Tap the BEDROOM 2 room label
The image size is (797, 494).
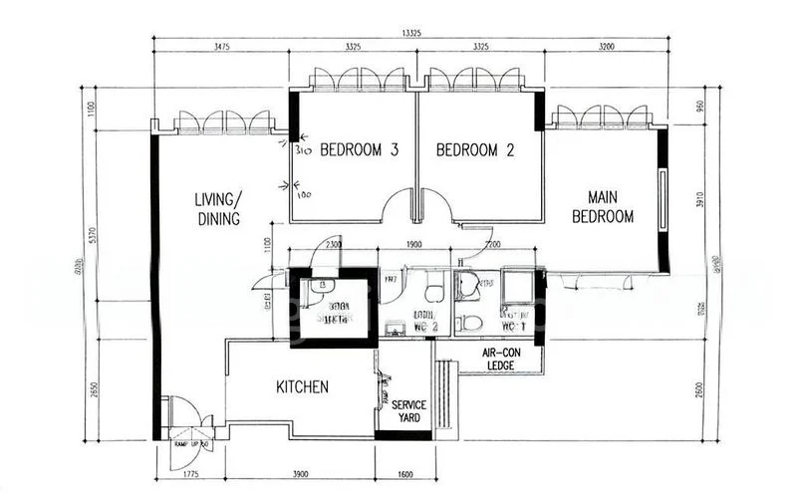476,151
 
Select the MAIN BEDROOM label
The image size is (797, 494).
611,206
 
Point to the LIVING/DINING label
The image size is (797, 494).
217,210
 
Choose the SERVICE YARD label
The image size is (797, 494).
408,412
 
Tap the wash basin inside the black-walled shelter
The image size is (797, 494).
316,287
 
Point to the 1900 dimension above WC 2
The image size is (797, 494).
413,245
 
